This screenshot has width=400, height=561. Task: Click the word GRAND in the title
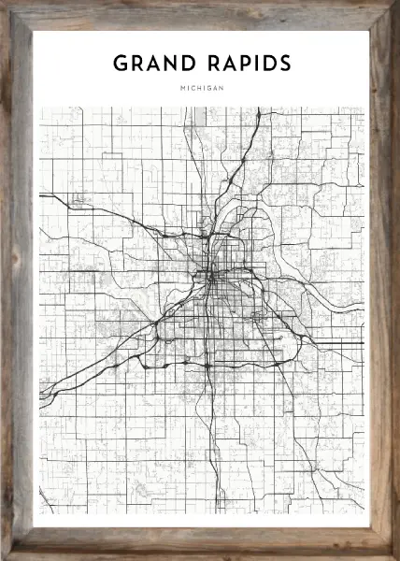click(154, 64)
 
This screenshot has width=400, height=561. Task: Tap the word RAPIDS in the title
click(246, 64)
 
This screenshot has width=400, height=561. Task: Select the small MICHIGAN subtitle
click(200, 89)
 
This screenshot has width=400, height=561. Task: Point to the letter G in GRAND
click(121, 64)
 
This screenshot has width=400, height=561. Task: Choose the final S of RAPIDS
click(283, 64)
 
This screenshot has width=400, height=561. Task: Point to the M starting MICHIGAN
click(179, 89)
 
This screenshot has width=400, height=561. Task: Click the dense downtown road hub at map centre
click(211, 277)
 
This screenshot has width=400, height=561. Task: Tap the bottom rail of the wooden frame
click(200, 543)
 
